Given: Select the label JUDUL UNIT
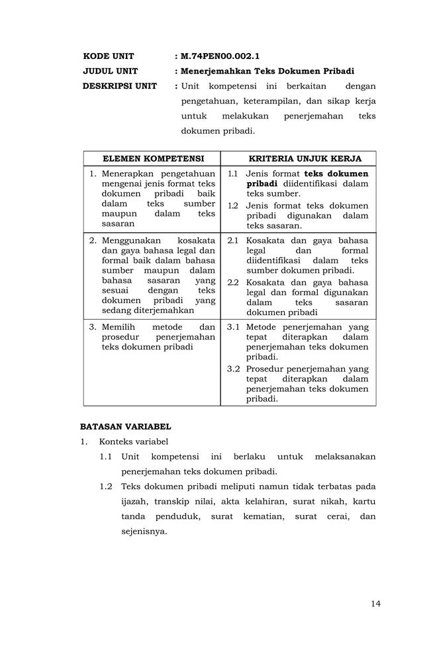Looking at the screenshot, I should pos(109,71).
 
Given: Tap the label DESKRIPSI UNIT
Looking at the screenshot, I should pos(120,86).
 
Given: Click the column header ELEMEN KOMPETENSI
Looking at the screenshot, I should pos(152,159).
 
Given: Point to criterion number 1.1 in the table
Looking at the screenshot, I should pos(233,173).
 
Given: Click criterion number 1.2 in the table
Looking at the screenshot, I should pos(233,206).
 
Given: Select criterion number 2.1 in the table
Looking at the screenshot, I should pos(233,240).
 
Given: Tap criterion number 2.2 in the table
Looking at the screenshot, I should pos(233,282).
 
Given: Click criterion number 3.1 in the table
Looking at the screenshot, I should pos(233,327).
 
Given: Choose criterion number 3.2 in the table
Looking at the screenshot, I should pos(233,369).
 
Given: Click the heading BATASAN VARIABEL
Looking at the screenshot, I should pos(126,427).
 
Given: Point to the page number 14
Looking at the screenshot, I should pos(375,603).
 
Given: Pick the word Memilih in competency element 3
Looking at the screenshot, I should pos(119,327).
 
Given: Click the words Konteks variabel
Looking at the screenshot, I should pos(134,442).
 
